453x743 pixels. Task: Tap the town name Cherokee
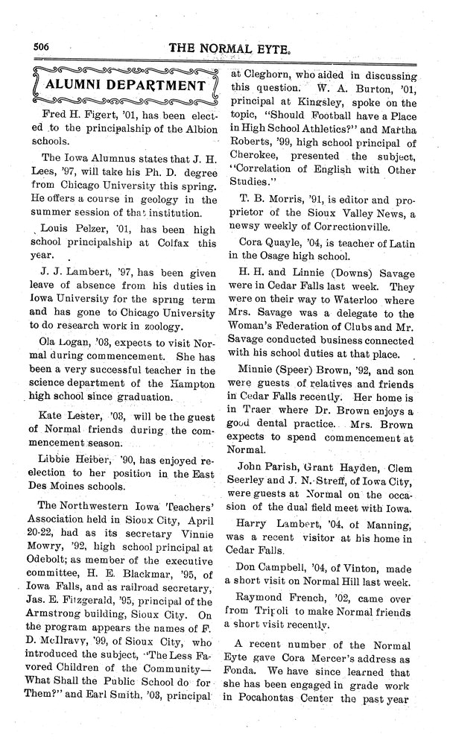point(256,157)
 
